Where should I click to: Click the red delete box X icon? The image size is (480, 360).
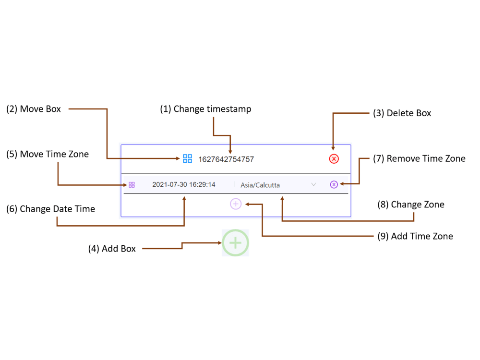click(334, 159)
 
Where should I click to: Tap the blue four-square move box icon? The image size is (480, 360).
click(187, 158)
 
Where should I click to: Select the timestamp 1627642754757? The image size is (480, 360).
click(226, 159)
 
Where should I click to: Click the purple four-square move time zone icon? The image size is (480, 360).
click(132, 185)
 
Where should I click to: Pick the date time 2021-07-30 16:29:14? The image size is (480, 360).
click(184, 185)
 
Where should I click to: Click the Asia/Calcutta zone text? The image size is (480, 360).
click(260, 185)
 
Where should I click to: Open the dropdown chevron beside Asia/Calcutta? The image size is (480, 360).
click(313, 185)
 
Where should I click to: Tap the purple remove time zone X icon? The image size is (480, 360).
click(334, 184)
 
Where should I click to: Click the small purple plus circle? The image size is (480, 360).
click(236, 204)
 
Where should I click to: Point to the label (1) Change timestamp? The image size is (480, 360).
click(205, 109)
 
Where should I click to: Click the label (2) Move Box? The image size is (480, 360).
click(34, 109)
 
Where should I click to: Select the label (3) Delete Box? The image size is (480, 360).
click(402, 113)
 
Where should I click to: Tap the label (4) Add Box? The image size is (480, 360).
click(112, 249)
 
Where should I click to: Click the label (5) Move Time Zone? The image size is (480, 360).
click(48, 154)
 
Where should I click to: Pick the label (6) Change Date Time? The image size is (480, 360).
click(50, 209)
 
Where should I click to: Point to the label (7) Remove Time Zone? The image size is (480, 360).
click(419, 158)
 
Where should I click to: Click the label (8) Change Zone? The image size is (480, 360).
click(411, 204)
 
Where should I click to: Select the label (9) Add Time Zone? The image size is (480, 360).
click(415, 236)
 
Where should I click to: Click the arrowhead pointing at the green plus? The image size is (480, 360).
click(220, 243)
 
